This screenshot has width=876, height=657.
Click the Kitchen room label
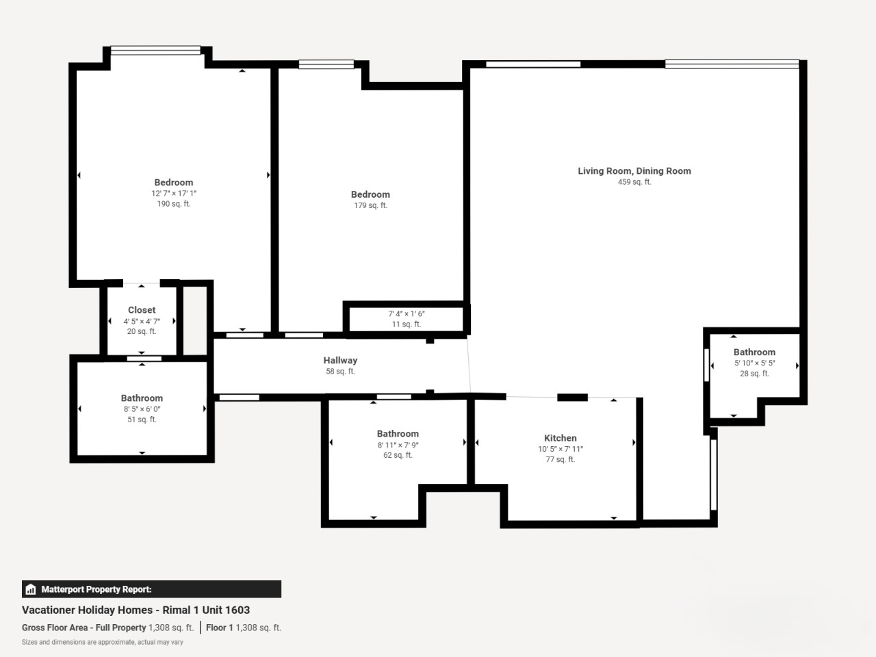click(x=561, y=438)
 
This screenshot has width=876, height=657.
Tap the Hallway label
click(x=340, y=361)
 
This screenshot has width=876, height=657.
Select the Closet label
click(x=142, y=310)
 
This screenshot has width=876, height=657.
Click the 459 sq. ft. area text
click(x=634, y=182)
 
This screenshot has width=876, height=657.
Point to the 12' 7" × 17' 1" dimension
click(x=174, y=194)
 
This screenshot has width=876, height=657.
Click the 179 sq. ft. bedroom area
click(x=371, y=205)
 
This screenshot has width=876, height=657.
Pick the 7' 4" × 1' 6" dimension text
click(x=407, y=314)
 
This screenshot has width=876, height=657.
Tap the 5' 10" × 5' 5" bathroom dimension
click(x=755, y=363)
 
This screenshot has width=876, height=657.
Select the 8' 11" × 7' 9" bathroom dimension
click(x=398, y=445)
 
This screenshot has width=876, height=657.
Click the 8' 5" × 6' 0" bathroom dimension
click(x=142, y=409)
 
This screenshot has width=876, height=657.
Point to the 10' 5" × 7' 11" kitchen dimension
click(x=561, y=449)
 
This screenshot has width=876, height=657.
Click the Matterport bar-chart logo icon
click(x=31, y=589)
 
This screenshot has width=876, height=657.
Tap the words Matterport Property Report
click(x=96, y=589)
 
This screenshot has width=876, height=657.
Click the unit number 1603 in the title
click(x=237, y=610)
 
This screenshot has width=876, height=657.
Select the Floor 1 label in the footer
click(x=220, y=628)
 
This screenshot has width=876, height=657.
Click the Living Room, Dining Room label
click(x=634, y=171)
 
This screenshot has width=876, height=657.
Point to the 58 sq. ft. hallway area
click(x=340, y=372)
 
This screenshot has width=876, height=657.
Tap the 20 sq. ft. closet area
click(x=142, y=331)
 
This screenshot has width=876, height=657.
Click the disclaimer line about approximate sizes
click(x=103, y=642)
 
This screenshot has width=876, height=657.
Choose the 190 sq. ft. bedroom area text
click(x=174, y=204)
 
